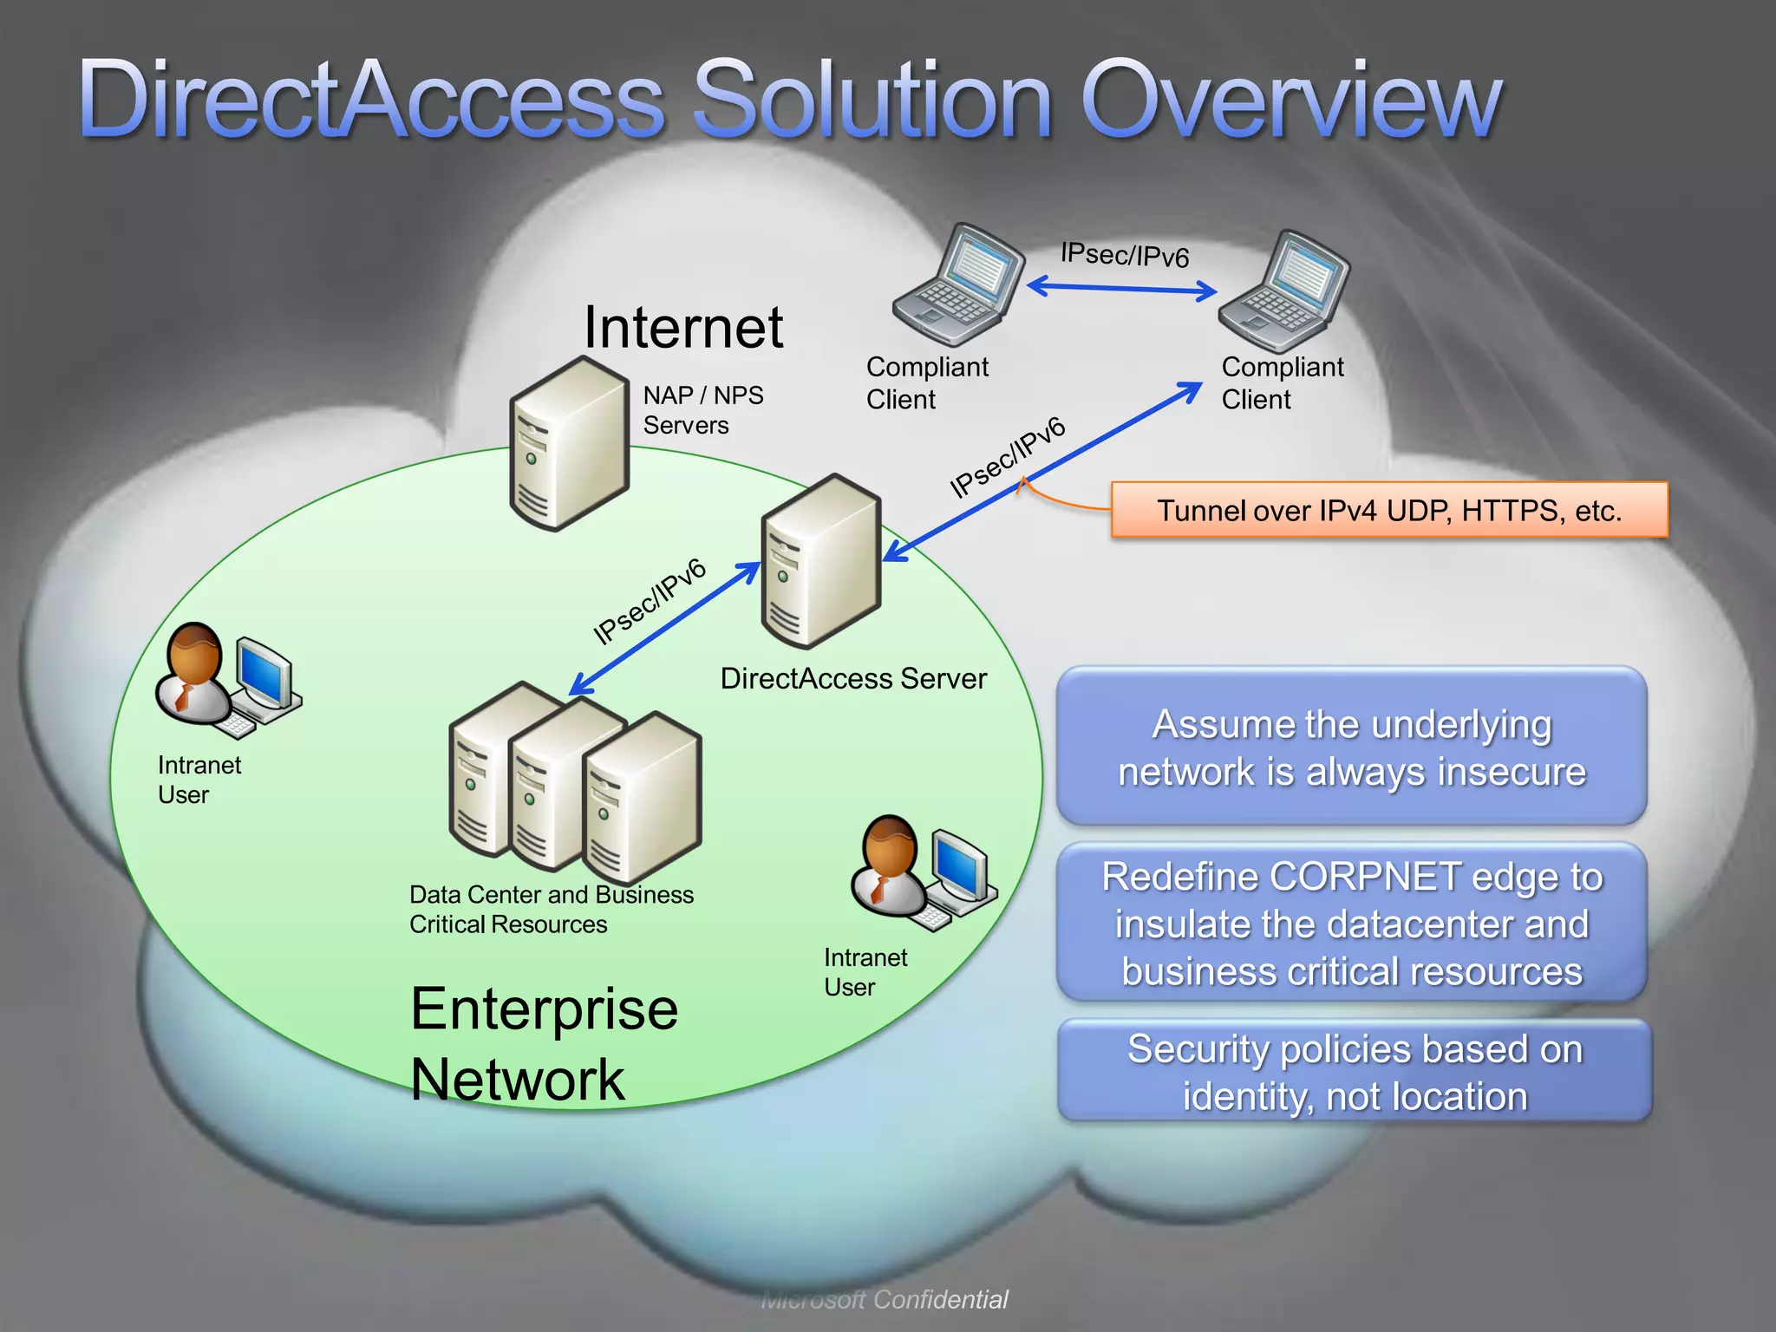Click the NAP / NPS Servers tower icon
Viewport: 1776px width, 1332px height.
569,444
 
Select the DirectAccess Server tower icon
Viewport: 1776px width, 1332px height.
820,562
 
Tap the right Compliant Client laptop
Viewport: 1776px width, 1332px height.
1283,291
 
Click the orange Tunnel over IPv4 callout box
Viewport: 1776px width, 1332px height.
1389,510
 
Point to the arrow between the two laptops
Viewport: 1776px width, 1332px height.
1122,288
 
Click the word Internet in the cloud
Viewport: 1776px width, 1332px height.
683,328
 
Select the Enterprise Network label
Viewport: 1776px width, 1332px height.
544,1044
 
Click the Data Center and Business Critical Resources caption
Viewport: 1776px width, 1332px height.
552,909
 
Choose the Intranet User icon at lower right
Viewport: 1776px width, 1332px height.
923,872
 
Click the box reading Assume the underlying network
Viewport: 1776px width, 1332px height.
1351,747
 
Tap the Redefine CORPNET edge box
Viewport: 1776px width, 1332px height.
1351,923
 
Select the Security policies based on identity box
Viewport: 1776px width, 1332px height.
1355,1071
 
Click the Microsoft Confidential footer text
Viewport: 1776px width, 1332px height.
885,1299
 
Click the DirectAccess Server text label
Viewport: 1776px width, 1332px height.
853,678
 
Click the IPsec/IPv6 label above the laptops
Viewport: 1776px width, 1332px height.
1125,255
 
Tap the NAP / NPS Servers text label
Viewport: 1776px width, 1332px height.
702,410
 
